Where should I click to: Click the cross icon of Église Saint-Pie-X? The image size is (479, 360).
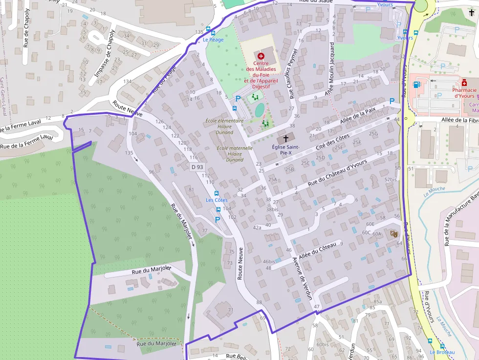coord(286,139)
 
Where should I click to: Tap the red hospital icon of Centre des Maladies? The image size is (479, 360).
coord(261,56)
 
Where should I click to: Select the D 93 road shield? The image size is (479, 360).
coord(196,167)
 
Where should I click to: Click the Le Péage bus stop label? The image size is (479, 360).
coord(213,40)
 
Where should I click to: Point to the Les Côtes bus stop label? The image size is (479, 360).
coord(217,200)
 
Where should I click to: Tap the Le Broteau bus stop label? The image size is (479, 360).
coord(442,352)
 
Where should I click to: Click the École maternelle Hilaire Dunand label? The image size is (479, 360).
coord(235,153)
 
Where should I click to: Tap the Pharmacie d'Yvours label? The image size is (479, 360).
coord(464,92)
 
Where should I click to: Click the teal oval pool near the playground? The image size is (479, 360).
coord(260,110)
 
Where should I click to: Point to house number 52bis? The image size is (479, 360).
coord(391,180)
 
